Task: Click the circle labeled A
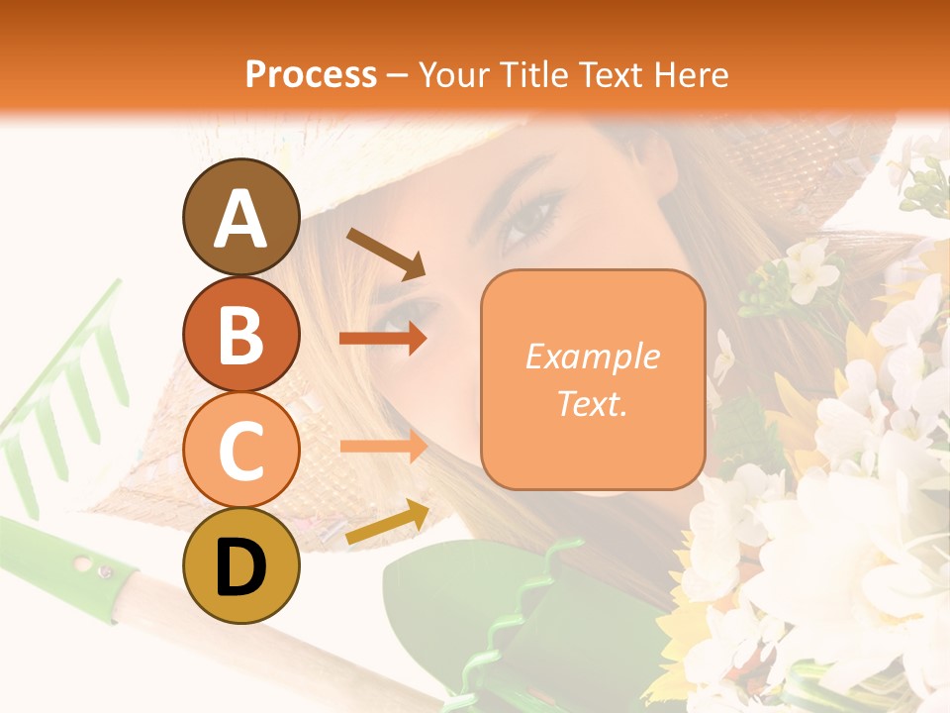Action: [240, 217]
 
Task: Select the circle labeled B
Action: [240, 334]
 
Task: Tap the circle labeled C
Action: [240, 451]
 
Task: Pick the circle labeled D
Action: [240, 566]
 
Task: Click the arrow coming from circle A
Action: [385, 254]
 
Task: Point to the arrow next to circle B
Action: [383, 339]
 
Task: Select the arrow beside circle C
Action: [383, 447]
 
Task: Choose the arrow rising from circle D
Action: [387, 522]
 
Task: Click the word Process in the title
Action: [311, 74]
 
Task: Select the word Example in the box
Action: [592, 356]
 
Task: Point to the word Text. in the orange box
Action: [592, 403]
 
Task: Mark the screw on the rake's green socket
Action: [103, 569]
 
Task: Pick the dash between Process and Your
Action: [398, 75]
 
